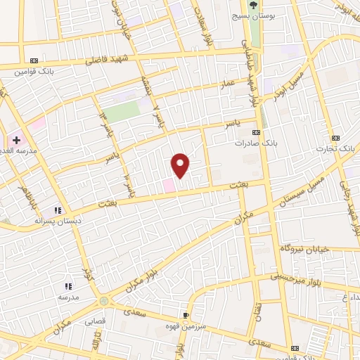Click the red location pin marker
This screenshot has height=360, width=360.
coord(181,165)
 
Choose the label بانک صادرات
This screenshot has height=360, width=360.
coord(257,143)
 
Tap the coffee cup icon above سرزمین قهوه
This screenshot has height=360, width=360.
coord(186,316)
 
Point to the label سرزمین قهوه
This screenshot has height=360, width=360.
coord(186,326)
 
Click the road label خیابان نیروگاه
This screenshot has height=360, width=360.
coord(300,249)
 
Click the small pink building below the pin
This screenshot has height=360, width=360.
coord(169,185)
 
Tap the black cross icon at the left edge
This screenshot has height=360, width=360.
coord(16,140)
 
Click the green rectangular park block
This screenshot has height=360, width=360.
coord(122,111)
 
